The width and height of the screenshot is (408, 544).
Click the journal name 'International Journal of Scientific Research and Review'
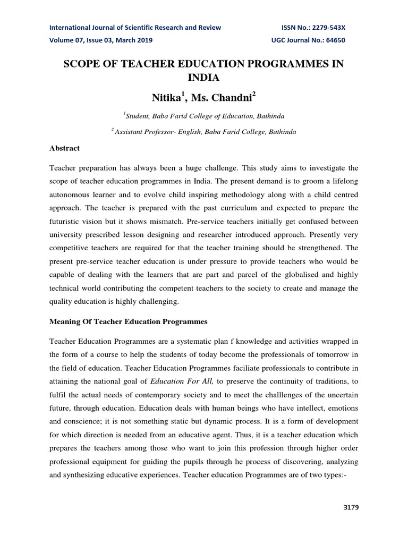pos(135,28)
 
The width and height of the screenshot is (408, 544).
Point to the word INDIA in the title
pos(203,78)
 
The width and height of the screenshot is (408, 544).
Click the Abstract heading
pos(64,148)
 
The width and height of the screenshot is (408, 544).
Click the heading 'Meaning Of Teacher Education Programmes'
pos(128,322)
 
